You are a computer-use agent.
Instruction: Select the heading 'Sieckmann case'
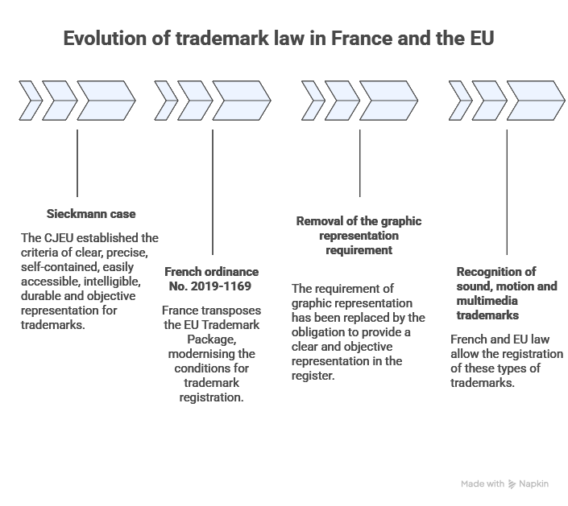click(x=89, y=215)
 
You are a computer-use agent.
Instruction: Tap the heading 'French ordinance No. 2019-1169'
click(x=214, y=279)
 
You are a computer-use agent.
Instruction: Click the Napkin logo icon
click(x=512, y=484)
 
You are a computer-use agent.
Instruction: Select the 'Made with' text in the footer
click(x=482, y=484)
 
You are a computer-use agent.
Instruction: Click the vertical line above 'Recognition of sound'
click(x=507, y=193)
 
